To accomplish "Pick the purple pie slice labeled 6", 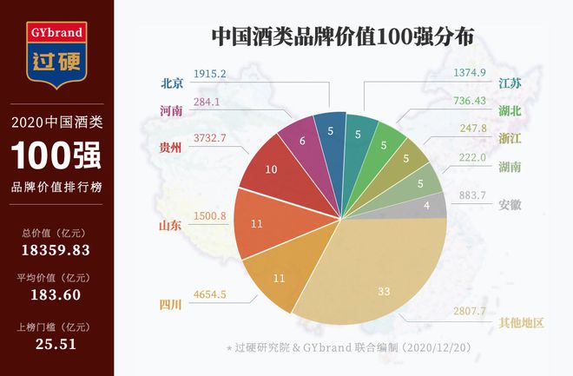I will (x=301, y=141).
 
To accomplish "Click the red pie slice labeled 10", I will (x=271, y=169).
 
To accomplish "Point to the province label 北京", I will (x=172, y=84).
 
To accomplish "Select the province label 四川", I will (x=171, y=305).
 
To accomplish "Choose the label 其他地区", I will (x=520, y=323).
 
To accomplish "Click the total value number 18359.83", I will (x=56, y=251).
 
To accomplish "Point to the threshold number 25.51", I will (x=56, y=344).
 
